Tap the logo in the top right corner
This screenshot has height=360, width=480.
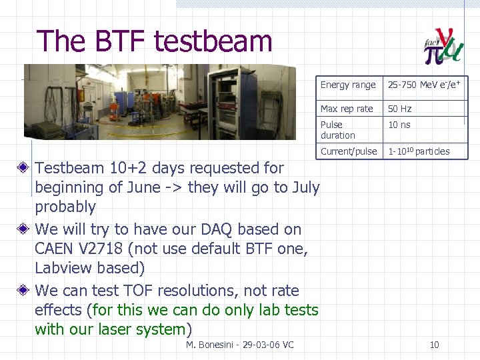point(444,46)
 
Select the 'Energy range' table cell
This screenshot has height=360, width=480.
point(348,85)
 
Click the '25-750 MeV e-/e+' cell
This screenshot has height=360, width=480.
point(424,85)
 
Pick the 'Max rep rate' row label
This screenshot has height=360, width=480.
point(347,109)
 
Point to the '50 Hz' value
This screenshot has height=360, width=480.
point(400,109)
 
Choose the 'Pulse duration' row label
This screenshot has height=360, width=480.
point(338,130)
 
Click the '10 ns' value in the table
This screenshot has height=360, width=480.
point(399,125)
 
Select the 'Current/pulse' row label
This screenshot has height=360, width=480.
point(349,151)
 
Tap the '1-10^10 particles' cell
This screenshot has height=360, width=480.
point(419,151)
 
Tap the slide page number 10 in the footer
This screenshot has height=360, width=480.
point(434,345)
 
